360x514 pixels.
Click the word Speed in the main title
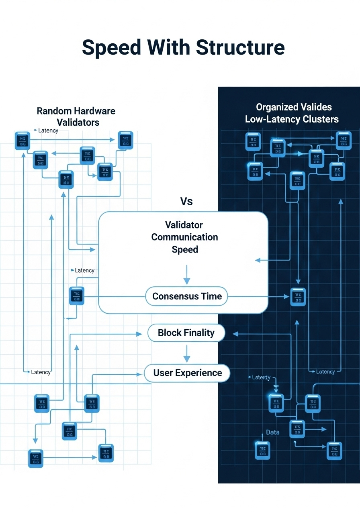[x=112, y=47]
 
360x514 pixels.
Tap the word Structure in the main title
[x=241, y=47]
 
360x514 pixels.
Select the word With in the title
[x=169, y=47]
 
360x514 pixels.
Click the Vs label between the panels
[x=186, y=201]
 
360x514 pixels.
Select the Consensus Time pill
[x=187, y=296]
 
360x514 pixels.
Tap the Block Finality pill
[x=186, y=332]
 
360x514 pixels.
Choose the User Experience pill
[x=187, y=373]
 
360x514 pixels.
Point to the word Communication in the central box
[x=184, y=237]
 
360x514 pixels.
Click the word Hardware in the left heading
[x=95, y=111]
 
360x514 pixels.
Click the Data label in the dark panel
[x=273, y=432]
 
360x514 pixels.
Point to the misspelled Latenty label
[x=261, y=377]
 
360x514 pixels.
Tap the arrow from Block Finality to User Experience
[x=186, y=353]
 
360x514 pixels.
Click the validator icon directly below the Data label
[x=262, y=450]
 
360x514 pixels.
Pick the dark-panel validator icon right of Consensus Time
[x=298, y=297]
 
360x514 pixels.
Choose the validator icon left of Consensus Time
[x=77, y=296]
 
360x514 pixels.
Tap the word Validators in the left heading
[x=78, y=122]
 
